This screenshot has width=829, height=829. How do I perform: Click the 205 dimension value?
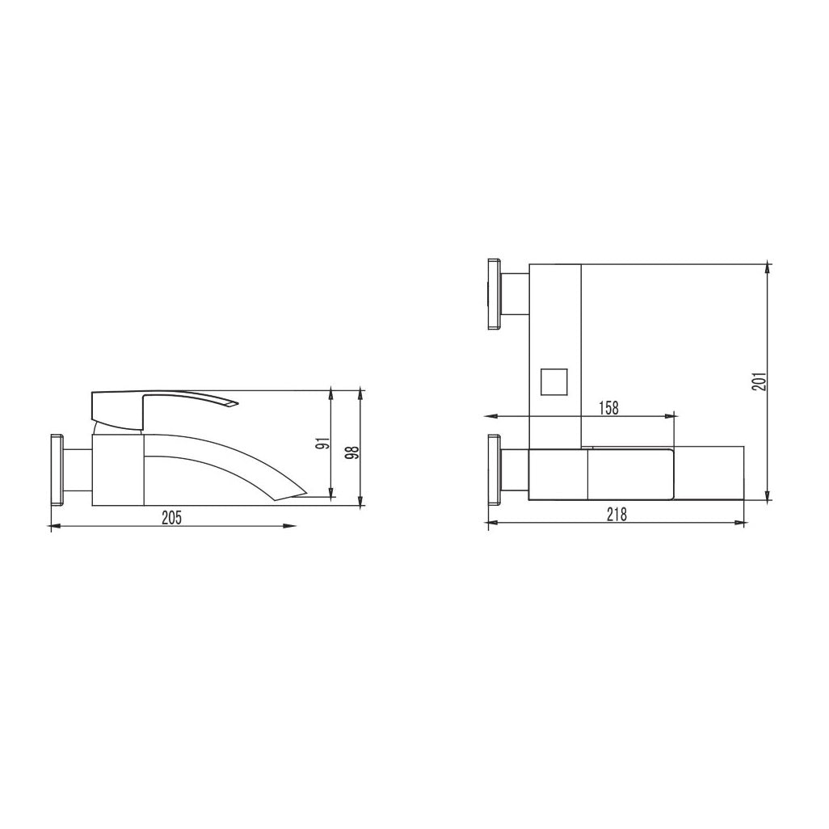(x=171, y=518)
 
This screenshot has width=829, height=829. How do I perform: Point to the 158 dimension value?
(x=608, y=407)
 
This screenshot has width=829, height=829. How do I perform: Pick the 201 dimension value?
(x=760, y=381)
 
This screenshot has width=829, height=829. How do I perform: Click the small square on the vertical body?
(x=553, y=381)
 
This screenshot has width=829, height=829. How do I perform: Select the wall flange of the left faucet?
(x=57, y=470)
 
